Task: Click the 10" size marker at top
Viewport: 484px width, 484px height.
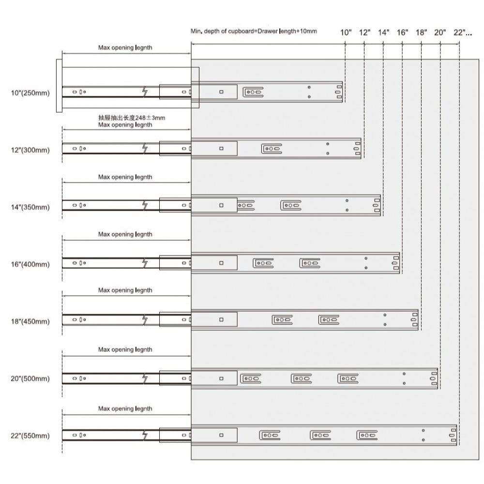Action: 346,32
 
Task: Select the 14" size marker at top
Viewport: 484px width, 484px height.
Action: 383,32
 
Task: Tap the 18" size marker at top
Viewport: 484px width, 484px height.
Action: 421,32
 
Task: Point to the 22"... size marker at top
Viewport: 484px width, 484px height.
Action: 463,32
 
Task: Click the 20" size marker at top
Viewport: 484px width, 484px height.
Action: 440,32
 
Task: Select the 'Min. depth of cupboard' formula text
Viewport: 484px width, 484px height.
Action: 254,31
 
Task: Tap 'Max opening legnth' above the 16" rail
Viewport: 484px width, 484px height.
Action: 125,234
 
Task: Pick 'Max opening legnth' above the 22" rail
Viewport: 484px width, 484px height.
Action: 125,408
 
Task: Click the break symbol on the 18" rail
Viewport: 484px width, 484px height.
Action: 145,320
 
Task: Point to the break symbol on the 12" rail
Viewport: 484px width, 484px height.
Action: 145,149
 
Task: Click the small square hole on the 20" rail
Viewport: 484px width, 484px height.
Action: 221,378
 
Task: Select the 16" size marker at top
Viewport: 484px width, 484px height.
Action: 402,32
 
